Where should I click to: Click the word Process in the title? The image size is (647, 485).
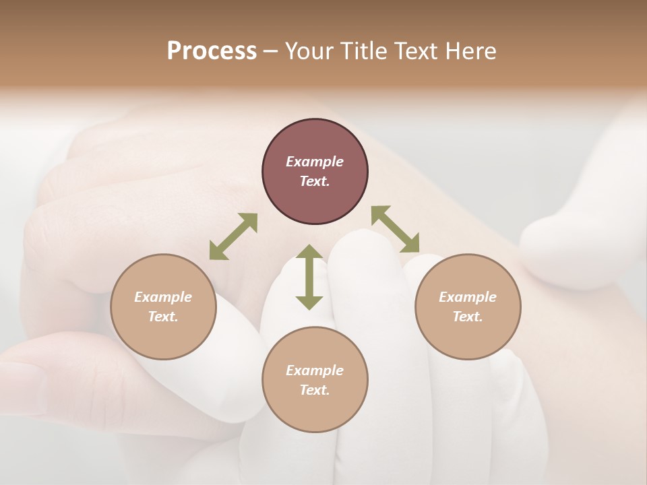212,51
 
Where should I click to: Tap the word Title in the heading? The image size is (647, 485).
365,51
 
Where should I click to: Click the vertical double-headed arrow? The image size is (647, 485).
309,277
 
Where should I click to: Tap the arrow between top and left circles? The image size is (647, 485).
233,236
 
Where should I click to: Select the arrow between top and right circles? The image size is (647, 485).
395,229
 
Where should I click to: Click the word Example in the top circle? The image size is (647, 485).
315,162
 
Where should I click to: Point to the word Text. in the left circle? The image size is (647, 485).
163,317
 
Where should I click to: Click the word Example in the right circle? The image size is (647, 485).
468,297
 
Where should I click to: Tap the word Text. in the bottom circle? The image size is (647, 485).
315,390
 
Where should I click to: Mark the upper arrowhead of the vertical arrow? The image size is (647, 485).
309,253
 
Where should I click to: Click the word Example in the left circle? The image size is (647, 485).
163,297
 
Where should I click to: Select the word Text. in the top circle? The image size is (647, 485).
315,181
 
